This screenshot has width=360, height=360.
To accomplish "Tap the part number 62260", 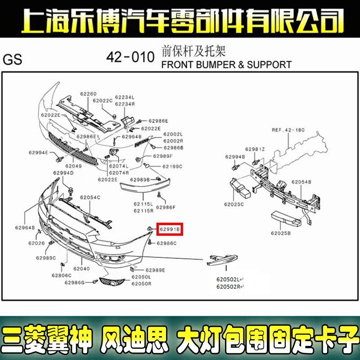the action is [x=89, y=94].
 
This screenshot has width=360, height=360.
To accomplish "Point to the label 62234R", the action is [x=125, y=104].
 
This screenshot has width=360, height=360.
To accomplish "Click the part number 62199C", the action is [x=172, y=166].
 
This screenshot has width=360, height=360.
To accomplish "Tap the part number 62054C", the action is [x=90, y=198].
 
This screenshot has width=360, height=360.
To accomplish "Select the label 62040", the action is [x=81, y=269].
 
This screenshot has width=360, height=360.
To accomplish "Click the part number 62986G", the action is [x=75, y=283].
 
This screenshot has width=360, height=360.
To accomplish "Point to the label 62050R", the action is [x=141, y=284].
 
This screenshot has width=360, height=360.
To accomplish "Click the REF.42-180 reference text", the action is [x=288, y=130].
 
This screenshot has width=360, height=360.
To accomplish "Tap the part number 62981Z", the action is [x=255, y=149].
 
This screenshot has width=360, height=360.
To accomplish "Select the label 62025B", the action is [x=281, y=233].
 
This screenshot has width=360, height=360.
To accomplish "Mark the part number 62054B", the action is [x=301, y=182].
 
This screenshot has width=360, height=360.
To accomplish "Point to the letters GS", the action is [x=12, y=60].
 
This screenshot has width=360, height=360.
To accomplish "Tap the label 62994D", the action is [x=63, y=173].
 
